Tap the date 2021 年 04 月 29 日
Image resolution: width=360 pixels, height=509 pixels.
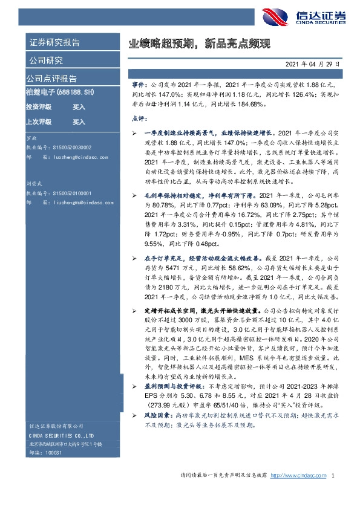tap(312, 63)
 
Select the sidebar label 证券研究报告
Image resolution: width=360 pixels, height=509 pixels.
tap(54, 43)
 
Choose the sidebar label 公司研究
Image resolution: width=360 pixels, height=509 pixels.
tap(45, 60)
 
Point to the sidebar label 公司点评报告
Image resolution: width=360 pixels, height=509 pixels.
tap(51, 79)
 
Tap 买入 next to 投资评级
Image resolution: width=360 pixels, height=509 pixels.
tap(79, 106)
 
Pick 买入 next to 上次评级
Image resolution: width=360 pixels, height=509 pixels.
tap(79, 122)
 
